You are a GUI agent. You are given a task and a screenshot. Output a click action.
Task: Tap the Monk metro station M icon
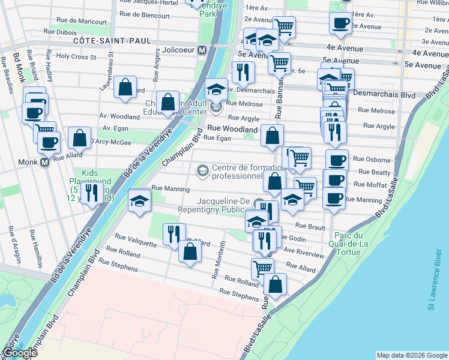click(x=44, y=162)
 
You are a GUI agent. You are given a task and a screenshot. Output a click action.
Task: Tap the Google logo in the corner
click(x=20, y=353)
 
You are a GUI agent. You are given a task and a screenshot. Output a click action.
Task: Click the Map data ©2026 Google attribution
click(x=412, y=355)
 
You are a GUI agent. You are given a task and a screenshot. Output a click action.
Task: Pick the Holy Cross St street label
click(x=76, y=57)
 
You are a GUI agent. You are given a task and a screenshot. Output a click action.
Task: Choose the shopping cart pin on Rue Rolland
click(x=262, y=268)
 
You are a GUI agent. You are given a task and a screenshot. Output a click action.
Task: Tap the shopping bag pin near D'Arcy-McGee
click(x=79, y=138)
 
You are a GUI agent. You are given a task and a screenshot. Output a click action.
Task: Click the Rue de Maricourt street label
click(x=81, y=21)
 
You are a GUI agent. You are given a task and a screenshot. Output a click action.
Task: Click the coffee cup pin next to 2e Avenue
click(x=340, y=23)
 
